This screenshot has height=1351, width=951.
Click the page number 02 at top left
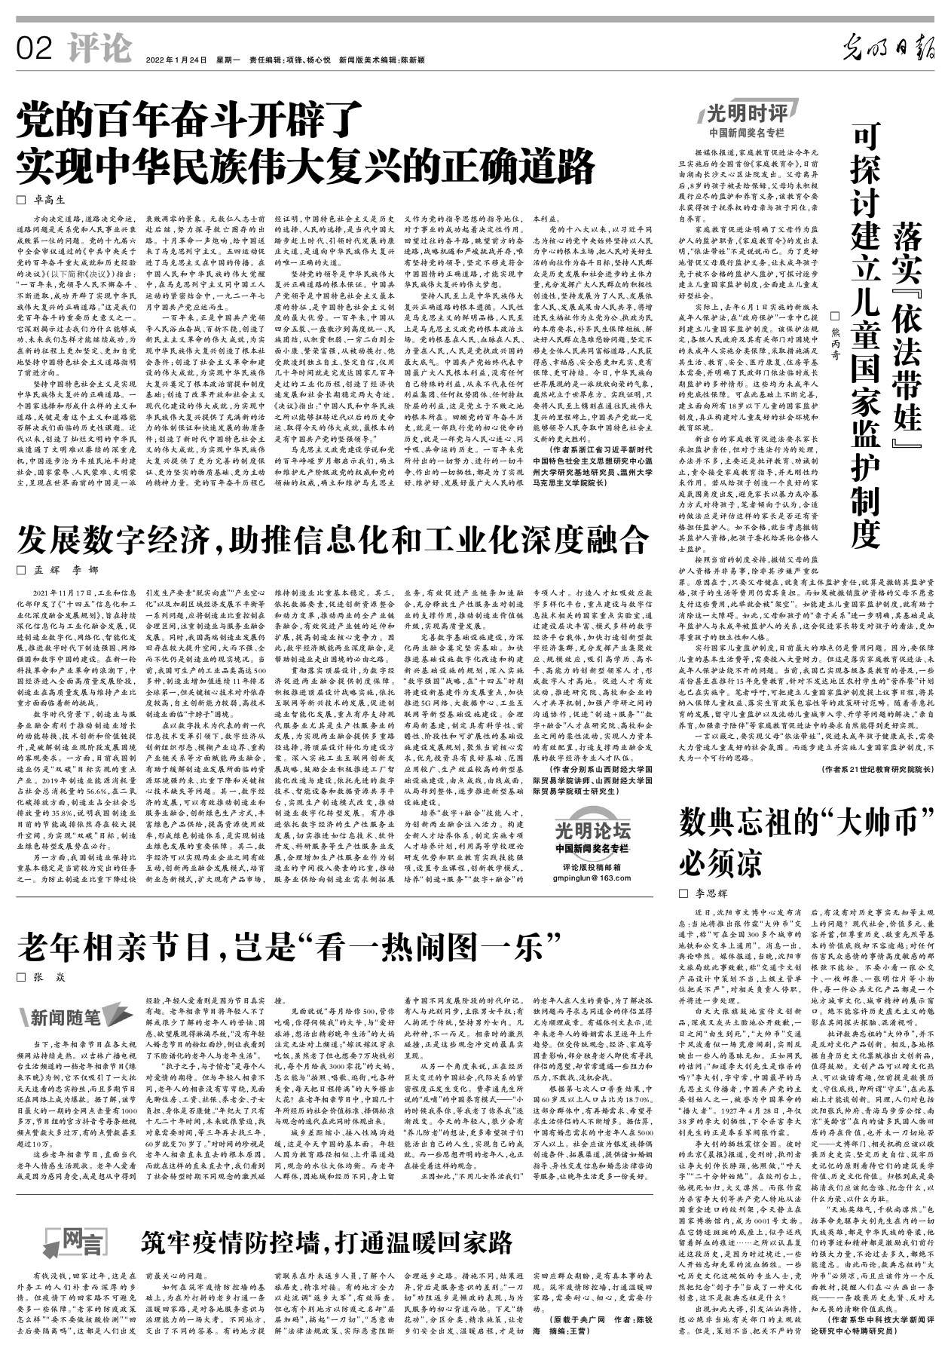35,49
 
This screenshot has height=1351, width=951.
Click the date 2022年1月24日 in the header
176,59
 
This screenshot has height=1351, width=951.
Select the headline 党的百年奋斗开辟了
193,119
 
